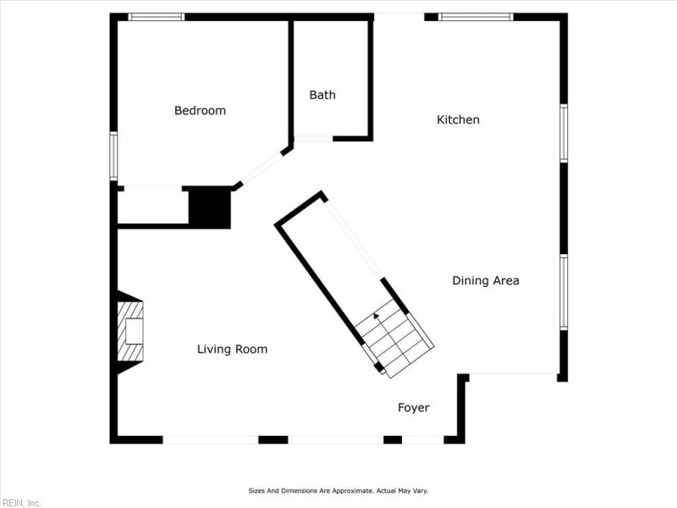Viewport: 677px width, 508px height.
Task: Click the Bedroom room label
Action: click(200, 110)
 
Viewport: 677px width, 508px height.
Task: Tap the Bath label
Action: click(322, 95)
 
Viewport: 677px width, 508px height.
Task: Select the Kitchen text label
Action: click(458, 119)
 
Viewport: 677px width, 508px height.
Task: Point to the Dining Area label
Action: click(485, 280)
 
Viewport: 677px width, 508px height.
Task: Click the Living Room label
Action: click(232, 349)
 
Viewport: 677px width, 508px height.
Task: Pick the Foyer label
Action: click(414, 407)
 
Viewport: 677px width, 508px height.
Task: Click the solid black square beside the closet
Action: click(209, 207)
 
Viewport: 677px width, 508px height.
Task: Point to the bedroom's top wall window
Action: click(156, 16)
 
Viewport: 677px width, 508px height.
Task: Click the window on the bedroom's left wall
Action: click(113, 156)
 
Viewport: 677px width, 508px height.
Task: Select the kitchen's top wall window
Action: click(476, 16)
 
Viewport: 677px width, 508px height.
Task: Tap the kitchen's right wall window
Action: click(564, 133)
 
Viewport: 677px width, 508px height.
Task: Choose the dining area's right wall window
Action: click(564, 292)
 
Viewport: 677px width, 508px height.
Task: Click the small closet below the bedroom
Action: click(152, 207)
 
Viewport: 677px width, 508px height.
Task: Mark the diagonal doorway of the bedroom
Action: click(262, 167)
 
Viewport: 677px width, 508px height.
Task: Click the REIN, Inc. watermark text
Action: click(20, 502)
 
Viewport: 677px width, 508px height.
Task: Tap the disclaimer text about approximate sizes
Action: click(338, 490)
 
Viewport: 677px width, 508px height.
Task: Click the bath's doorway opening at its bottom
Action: click(313, 139)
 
